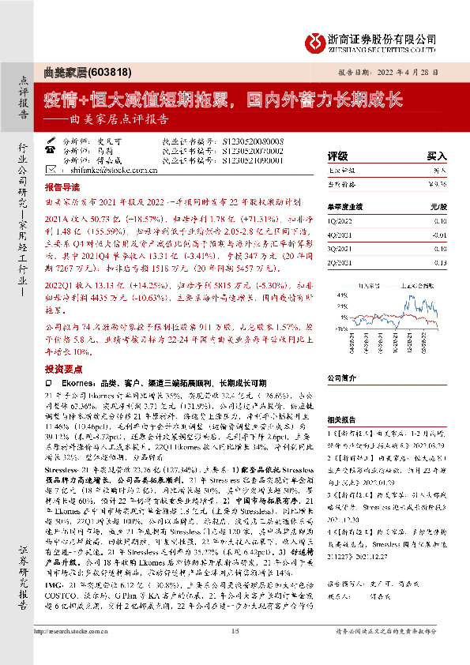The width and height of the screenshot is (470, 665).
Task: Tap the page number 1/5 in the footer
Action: tap(235, 652)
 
